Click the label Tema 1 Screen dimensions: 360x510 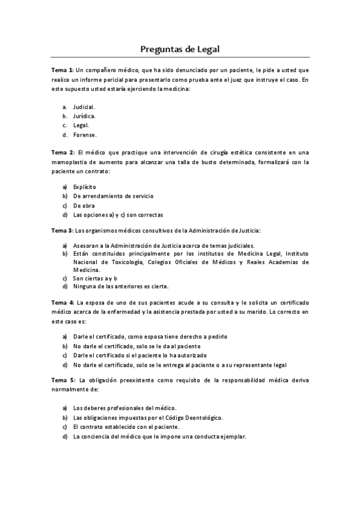tap(62, 70)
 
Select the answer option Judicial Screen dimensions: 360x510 tap(84, 106)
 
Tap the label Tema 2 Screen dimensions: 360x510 tap(62, 153)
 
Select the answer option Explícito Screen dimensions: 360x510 tap(84, 186)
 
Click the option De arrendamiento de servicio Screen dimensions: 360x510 tap(113, 196)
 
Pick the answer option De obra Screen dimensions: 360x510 tap(84, 205)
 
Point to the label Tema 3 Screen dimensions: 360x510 tap(62, 230)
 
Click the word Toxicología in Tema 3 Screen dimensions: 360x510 tap(124, 262)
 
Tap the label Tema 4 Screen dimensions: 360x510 tap(62, 302)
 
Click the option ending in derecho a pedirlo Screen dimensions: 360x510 tap(150, 337)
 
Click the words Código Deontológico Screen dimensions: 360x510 tap(195, 417)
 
